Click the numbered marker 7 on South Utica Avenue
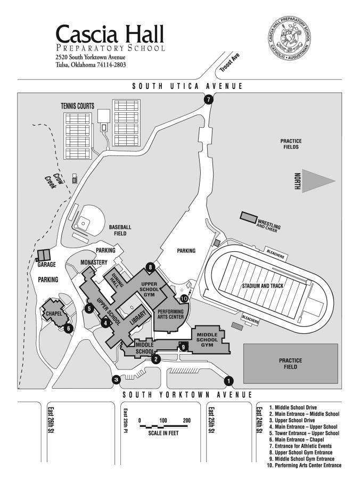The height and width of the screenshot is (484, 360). pos(208,99)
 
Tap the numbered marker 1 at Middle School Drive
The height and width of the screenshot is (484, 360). pos(229,381)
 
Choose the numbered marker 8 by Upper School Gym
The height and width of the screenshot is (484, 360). pos(151,267)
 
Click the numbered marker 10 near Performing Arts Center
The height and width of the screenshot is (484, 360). pos(184,299)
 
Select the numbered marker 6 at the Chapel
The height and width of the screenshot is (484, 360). pos(68,329)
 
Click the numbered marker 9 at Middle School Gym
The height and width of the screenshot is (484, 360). pos(183,347)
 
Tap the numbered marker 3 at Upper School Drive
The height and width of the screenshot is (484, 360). pos(116,379)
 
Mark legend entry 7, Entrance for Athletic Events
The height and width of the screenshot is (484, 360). pos(300,446)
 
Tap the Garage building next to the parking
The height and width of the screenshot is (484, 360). pos(44,255)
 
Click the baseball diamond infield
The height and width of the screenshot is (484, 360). pos(84,220)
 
